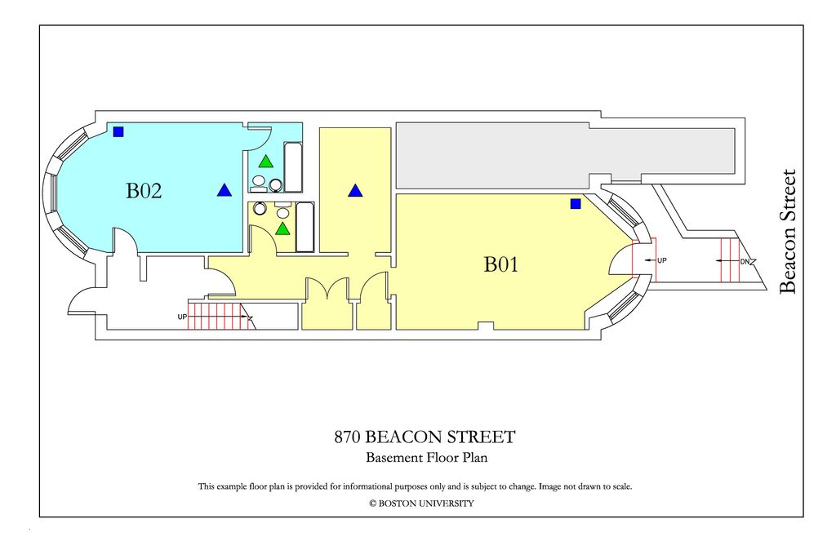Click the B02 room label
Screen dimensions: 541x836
(x=144, y=191)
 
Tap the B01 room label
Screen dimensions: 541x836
(x=501, y=264)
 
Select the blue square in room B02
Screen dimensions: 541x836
(x=118, y=131)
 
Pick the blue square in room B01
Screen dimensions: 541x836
(x=576, y=203)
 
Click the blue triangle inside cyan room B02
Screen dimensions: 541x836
(x=224, y=191)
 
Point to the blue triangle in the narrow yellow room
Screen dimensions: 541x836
(x=354, y=191)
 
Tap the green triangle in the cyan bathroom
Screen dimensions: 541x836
(x=266, y=162)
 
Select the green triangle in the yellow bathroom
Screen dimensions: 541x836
(x=282, y=228)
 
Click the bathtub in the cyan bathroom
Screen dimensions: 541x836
(x=293, y=166)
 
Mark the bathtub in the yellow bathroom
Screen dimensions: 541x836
(x=305, y=227)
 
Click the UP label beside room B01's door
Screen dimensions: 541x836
(x=661, y=260)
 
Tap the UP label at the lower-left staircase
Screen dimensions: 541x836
(x=183, y=317)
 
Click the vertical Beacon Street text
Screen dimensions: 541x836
(x=788, y=231)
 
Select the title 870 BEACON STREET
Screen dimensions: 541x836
(x=425, y=437)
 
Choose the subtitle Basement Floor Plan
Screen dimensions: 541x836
(x=426, y=458)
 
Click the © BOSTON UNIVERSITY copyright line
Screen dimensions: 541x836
(x=421, y=503)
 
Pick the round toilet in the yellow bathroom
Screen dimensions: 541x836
(x=260, y=209)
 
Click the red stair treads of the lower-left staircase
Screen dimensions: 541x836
(x=216, y=315)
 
